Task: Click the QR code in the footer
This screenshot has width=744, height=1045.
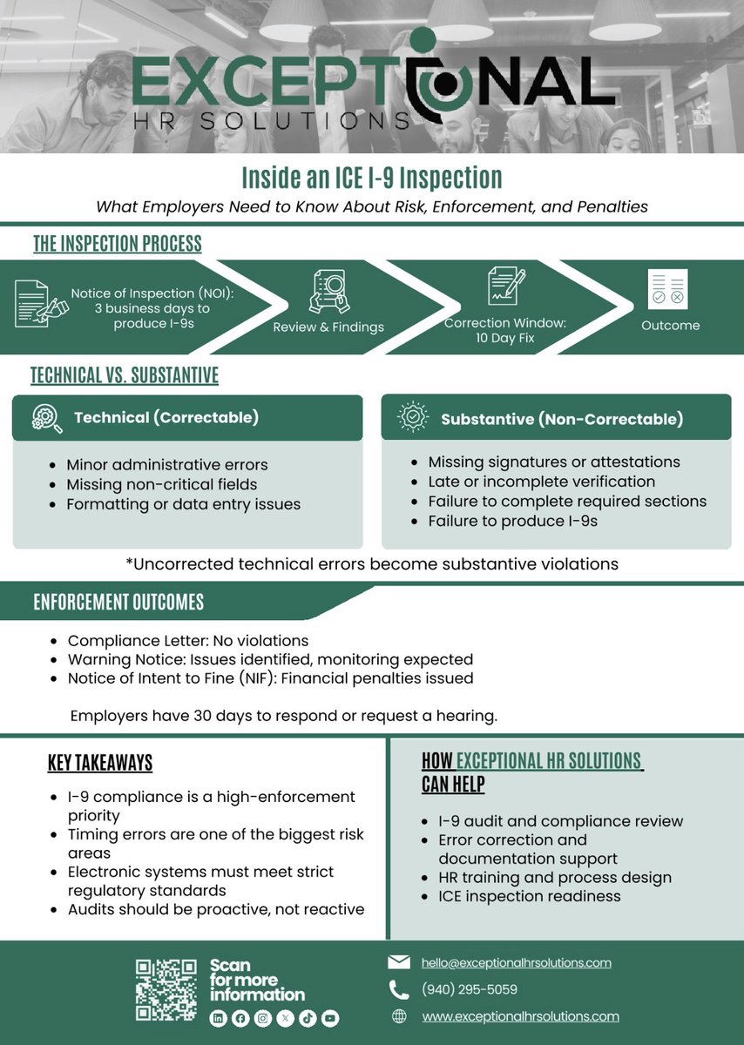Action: pyautogui.click(x=166, y=990)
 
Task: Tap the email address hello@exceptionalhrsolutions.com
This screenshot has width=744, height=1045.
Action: pyautogui.click(x=516, y=963)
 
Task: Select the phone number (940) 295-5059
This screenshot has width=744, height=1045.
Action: pyautogui.click(x=469, y=989)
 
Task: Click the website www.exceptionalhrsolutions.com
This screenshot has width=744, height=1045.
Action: pyautogui.click(x=520, y=1016)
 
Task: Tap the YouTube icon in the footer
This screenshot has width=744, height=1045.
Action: pyautogui.click(x=329, y=1019)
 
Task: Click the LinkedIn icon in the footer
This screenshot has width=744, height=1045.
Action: pyautogui.click(x=219, y=1019)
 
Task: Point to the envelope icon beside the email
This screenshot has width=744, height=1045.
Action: pyautogui.click(x=398, y=962)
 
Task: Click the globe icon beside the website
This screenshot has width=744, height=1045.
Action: pyautogui.click(x=399, y=1016)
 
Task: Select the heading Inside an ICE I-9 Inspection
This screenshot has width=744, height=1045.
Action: pyautogui.click(x=371, y=178)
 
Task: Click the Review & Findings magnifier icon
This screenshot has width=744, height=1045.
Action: pyautogui.click(x=328, y=292)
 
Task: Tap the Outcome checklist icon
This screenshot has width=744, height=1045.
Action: pyautogui.click(x=667, y=289)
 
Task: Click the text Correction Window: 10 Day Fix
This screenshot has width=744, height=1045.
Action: pyautogui.click(x=505, y=330)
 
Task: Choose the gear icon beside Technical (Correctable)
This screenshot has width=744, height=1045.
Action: pyautogui.click(x=45, y=418)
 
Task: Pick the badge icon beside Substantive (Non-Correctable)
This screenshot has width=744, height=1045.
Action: pyautogui.click(x=411, y=418)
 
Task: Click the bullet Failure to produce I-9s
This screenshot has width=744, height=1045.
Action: pyautogui.click(x=512, y=521)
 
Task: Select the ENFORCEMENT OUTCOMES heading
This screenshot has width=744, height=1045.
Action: pyautogui.click(x=118, y=603)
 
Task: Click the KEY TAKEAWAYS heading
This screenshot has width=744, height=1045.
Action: pyautogui.click(x=100, y=764)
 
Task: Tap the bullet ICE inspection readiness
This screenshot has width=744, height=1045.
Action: pyautogui.click(x=530, y=896)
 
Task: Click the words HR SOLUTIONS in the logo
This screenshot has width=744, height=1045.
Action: pyautogui.click(x=270, y=121)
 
